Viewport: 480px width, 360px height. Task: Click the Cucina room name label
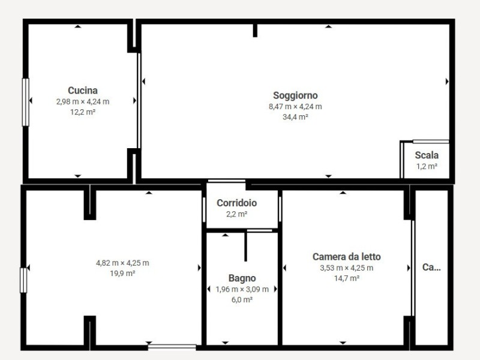click(83, 91)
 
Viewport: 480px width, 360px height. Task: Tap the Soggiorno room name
click(295, 95)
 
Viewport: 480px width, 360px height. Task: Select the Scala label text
click(427, 155)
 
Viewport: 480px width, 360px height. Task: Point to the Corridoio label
click(236, 203)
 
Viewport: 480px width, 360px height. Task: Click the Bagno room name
click(242, 278)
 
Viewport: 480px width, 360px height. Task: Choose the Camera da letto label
click(347, 257)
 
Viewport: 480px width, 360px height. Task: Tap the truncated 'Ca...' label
click(431, 267)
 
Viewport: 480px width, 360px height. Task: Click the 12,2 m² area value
click(83, 112)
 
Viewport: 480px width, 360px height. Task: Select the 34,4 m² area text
click(295, 117)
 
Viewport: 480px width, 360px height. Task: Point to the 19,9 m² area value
click(122, 274)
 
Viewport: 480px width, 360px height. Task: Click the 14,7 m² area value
click(347, 278)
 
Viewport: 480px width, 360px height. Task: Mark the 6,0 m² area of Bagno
click(242, 299)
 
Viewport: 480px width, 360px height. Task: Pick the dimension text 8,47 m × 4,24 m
click(295, 107)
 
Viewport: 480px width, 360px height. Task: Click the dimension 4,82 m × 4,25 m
click(122, 263)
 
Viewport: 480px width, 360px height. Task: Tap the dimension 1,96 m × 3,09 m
click(242, 289)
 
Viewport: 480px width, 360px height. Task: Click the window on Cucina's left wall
click(26, 102)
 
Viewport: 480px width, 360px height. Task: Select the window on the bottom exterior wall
click(172, 347)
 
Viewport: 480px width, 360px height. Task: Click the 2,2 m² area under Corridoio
click(236, 214)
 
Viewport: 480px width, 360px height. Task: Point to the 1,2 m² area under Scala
click(427, 167)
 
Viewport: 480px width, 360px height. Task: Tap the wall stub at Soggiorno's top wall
click(255, 31)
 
